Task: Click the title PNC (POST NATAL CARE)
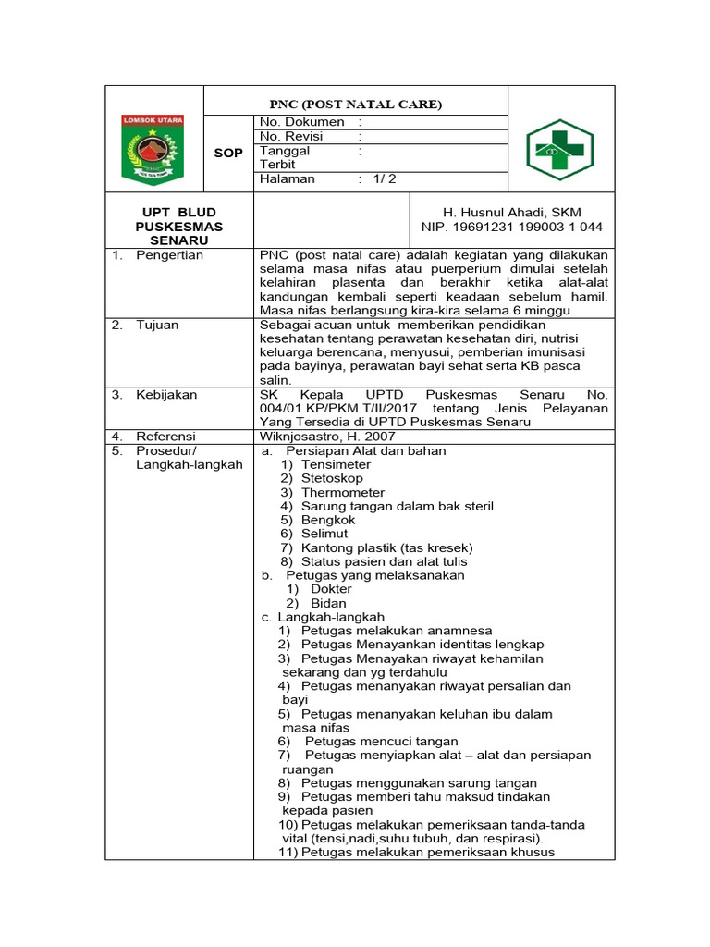355,105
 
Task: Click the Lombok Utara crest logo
153,149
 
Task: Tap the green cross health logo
560,150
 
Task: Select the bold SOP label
228,153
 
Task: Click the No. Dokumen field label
302,122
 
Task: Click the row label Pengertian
169,255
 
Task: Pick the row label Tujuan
157,325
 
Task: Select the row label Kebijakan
166,395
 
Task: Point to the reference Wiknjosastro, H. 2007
328,437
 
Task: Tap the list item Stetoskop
332,478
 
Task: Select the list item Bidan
328,603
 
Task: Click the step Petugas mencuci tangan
381,742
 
